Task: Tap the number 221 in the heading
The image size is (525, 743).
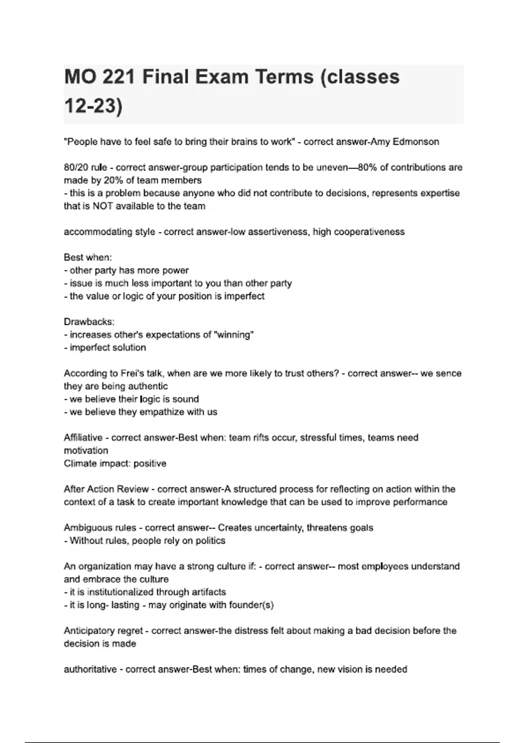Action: (x=119, y=77)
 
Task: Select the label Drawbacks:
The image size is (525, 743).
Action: (x=89, y=322)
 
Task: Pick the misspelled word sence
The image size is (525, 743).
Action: (x=449, y=373)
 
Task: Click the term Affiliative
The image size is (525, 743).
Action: (x=83, y=437)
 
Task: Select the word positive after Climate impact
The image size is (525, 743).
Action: (x=150, y=463)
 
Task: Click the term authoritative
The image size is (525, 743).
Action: (x=90, y=669)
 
